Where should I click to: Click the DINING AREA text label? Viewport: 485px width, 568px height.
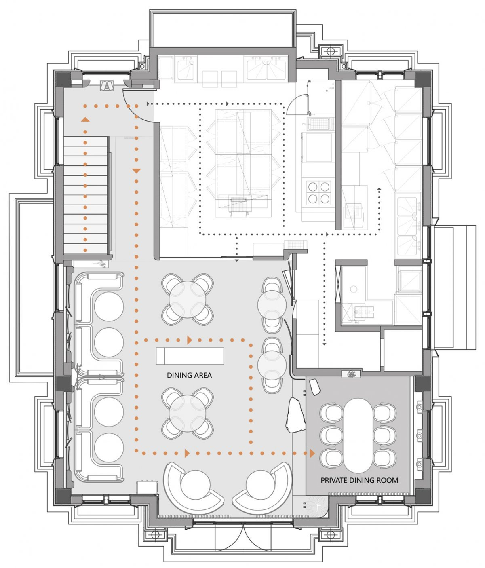pos(189,375)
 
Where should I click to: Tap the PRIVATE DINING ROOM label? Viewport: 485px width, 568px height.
pos(359,480)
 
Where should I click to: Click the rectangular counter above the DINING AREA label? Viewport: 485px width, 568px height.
pos(190,356)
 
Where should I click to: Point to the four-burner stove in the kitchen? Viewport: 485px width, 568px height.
pos(318,192)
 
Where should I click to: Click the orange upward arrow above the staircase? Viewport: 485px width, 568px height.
pos(85,119)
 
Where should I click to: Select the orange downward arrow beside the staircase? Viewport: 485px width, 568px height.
pos(137,171)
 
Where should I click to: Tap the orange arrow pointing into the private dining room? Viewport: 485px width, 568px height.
pos(312,453)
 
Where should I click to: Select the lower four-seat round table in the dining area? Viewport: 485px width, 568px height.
pos(187,413)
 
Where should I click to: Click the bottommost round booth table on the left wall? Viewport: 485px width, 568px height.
pos(109,448)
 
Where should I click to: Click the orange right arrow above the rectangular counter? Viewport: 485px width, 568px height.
pos(189,340)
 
